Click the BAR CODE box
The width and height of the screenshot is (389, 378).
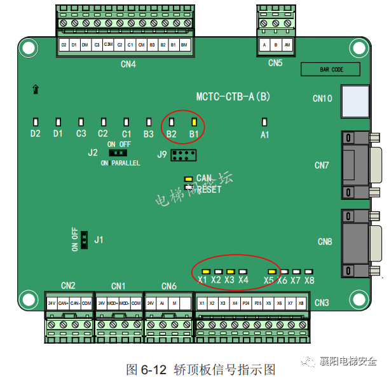(331, 69)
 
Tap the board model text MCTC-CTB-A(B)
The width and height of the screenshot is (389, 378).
(233, 97)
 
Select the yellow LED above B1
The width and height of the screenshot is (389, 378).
(194, 121)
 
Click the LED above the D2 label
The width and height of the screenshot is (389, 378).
(36, 121)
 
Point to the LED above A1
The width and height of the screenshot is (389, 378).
(265, 121)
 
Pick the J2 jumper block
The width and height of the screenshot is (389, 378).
(118, 153)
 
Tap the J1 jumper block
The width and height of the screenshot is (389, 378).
(83, 240)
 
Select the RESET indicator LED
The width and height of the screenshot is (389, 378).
(188, 187)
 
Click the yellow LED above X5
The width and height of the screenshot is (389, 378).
(271, 272)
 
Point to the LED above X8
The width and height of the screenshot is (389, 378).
(309, 272)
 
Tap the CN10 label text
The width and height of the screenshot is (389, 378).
(322, 99)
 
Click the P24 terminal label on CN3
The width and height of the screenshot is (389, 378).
(246, 304)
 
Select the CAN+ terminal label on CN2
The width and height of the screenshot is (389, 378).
(63, 304)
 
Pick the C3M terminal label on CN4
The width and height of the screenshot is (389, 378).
(108, 46)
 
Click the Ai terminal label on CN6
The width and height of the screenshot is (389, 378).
(162, 304)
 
